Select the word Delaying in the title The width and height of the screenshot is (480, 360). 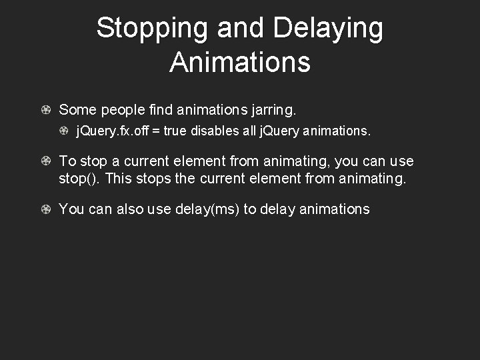tap(329, 29)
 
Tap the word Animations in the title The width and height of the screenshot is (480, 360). tap(240, 62)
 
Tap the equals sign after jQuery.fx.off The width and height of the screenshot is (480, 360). tap(157, 131)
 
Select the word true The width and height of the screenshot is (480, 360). tap(175, 131)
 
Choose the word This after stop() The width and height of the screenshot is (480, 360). tap(120, 178)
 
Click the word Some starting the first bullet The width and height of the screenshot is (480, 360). tap(77, 109)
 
